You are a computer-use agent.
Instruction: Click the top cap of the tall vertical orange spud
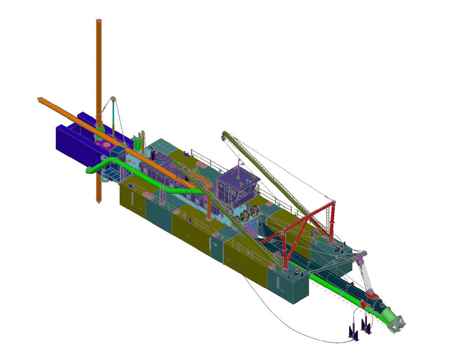(x=99, y=21)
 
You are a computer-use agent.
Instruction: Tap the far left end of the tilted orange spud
(x=39, y=99)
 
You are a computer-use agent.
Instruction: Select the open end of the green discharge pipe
(x=89, y=170)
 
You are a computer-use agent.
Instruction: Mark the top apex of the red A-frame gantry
(x=332, y=202)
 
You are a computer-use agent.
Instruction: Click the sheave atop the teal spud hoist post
(x=113, y=99)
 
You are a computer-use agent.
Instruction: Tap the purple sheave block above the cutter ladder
(x=359, y=259)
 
